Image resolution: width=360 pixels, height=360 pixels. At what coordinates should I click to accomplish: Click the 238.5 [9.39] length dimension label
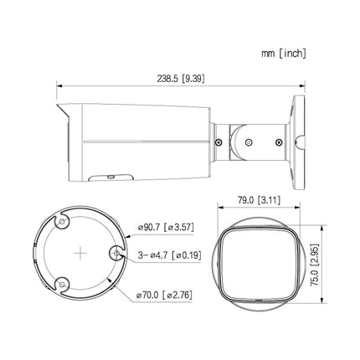coord(181,79)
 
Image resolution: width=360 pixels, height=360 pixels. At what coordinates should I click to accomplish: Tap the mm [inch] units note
coord(284,54)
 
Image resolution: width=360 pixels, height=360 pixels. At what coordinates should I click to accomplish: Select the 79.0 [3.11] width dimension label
coord(259,200)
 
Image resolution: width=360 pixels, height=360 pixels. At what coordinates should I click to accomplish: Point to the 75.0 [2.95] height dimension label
coord(315,265)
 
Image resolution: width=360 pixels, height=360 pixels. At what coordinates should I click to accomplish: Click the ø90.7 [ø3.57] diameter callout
coord(166,227)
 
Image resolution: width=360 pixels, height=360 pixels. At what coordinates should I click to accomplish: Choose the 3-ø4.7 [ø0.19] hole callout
coord(169,255)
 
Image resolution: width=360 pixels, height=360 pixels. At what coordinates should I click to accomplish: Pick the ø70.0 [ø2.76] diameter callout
coord(164,295)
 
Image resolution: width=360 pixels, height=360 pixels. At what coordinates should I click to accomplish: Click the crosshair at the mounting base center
coord(80,253)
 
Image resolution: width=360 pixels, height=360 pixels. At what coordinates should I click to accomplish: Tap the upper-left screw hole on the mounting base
coord(62,222)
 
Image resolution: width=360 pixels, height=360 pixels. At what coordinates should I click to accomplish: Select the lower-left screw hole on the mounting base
coord(62,285)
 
